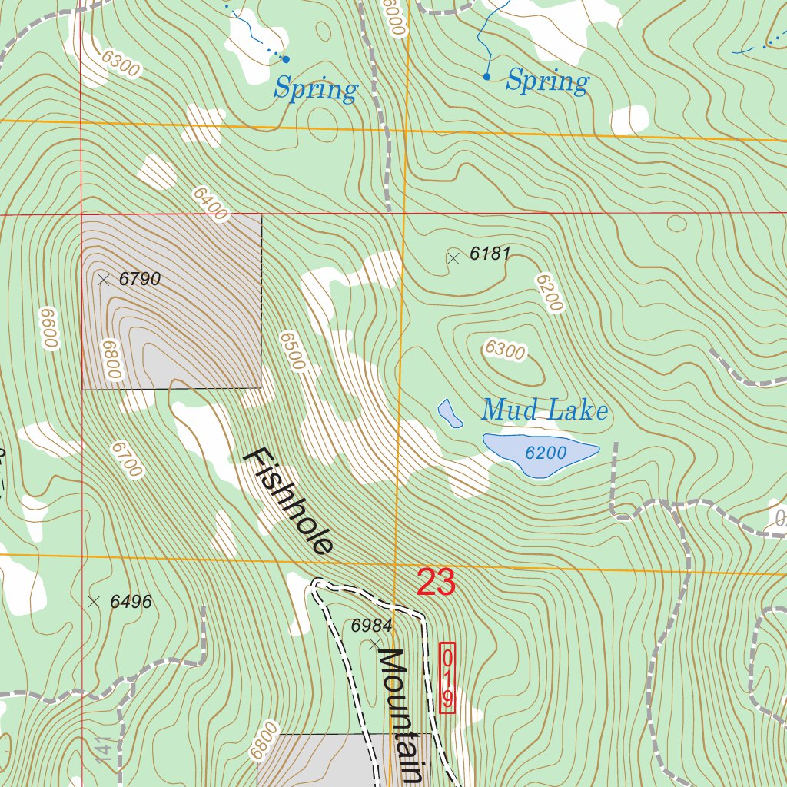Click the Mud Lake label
coord(544,410)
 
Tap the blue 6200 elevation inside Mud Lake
coord(546,453)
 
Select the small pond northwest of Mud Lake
coord(450,413)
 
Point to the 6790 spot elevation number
coord(140,279)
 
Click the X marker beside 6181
coord(453,258)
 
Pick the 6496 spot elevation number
coord(131,602)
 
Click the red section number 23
coord(436,583)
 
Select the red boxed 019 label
coord(447,678)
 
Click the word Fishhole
coord(289,501)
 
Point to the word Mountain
coord(400,715)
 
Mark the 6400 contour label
coord(210,204)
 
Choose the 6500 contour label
coord(293,351)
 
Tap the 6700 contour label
coord(126,459)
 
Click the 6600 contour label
coord(49,329)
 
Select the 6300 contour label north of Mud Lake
coord(505,350)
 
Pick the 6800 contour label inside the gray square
coord(110,359)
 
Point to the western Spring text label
coord(316,90)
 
